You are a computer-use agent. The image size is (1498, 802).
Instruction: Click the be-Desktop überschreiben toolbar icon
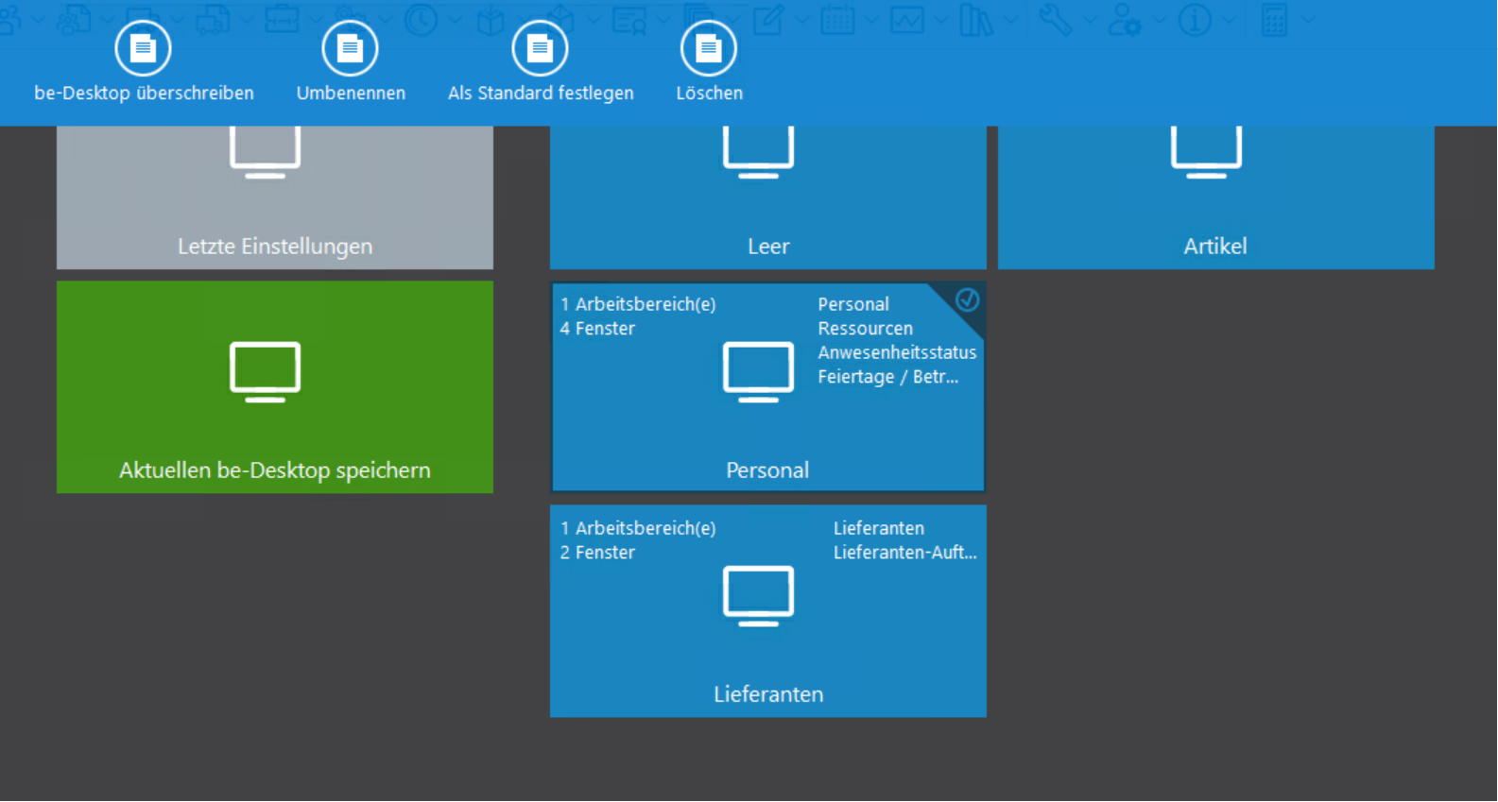pos(143,48)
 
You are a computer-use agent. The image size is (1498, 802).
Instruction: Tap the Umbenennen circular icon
pos(350,48)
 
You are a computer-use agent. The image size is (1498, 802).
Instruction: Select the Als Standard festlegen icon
pos(540,48)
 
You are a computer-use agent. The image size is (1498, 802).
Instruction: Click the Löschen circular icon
pos(708,48)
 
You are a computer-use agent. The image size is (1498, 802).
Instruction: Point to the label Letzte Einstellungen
pos(275,247)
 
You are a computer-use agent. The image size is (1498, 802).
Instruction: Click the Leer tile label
pos(768,247)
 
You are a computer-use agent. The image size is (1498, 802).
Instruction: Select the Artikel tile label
pos(1215,247)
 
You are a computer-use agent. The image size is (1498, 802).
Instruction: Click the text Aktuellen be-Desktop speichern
pos(275,470)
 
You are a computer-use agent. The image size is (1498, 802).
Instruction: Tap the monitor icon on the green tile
pos(265,371)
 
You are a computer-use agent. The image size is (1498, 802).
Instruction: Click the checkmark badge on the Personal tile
pos(967,300)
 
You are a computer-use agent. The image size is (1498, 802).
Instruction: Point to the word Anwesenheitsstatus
pos(897,352)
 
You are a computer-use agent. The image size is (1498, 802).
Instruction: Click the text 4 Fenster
pos(597,328)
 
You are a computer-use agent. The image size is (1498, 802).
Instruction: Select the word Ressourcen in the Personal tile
pos(866,328)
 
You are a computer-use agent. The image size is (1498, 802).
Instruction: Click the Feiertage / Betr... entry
pos(888,377)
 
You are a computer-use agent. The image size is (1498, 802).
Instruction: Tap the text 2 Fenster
pos(597,552)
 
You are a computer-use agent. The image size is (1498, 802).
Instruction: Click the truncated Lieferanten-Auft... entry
pos(904,552)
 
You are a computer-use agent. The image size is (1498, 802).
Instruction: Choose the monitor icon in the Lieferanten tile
pos(758,595)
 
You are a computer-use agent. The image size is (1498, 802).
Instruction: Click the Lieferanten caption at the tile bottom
pos(768,694)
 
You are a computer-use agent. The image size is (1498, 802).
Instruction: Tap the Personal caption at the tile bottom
pos(767,470)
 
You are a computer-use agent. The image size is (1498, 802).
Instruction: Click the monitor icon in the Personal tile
pos(758,371)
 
